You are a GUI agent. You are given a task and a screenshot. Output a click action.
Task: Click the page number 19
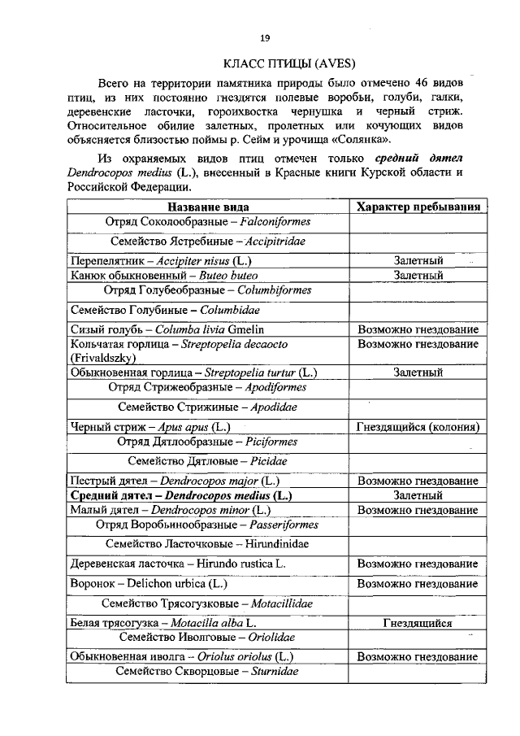pos(264,38)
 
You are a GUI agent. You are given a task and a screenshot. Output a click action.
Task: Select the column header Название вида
pos(208,207)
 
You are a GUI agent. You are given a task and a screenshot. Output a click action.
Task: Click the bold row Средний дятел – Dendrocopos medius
pos(181,494)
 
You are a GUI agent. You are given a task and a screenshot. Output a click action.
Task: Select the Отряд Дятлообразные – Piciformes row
pos(208,442)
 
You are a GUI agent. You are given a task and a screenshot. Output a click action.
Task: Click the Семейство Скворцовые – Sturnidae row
pos(208,672)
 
